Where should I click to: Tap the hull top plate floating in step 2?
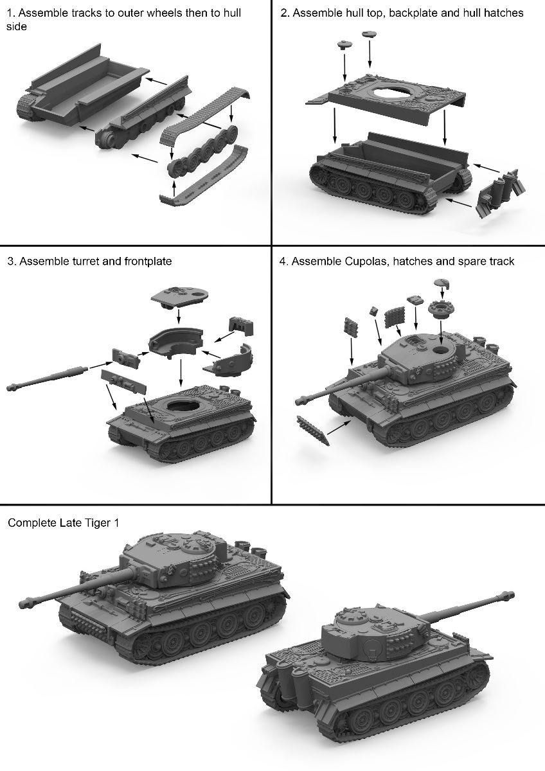[386, 97]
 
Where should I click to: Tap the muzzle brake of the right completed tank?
[509, 594]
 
